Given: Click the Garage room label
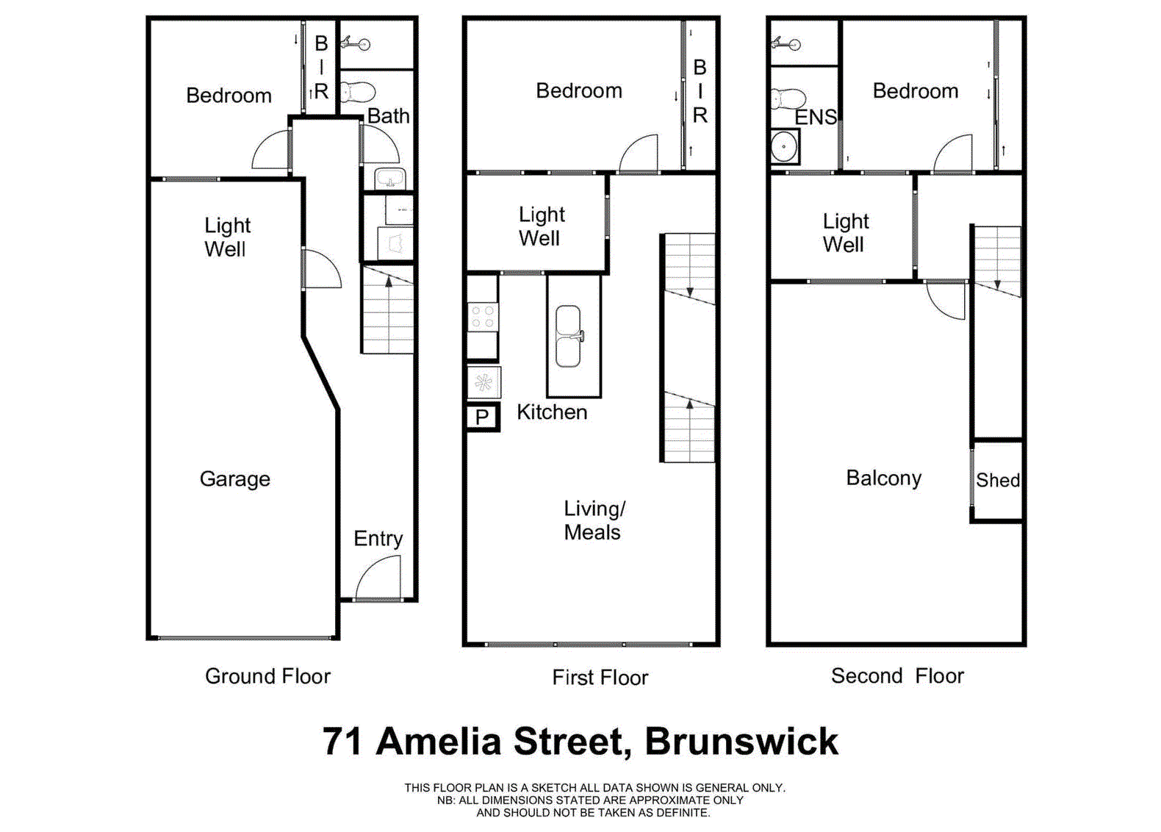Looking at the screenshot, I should [235, 479].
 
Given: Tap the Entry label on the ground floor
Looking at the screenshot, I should [378, 539].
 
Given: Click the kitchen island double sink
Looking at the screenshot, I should [568, 337].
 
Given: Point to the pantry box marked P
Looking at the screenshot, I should [483, 417].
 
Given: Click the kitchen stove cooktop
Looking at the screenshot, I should [483, 317].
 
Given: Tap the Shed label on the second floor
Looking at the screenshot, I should [997, 481].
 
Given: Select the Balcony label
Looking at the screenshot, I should [883, 478].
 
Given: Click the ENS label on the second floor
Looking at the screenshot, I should [816, 117].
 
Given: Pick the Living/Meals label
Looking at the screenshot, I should [594, 520].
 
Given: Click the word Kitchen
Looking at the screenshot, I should [552, 412].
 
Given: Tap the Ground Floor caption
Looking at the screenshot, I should [267, 676].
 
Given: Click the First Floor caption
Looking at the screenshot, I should [600, 678].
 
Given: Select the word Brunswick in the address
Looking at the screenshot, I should [741, 742].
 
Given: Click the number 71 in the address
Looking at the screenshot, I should [342, 742].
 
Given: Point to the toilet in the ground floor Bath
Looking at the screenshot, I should [358, 92].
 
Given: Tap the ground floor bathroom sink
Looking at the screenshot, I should [389, 179].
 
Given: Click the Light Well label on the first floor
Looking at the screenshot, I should [541, 226].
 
